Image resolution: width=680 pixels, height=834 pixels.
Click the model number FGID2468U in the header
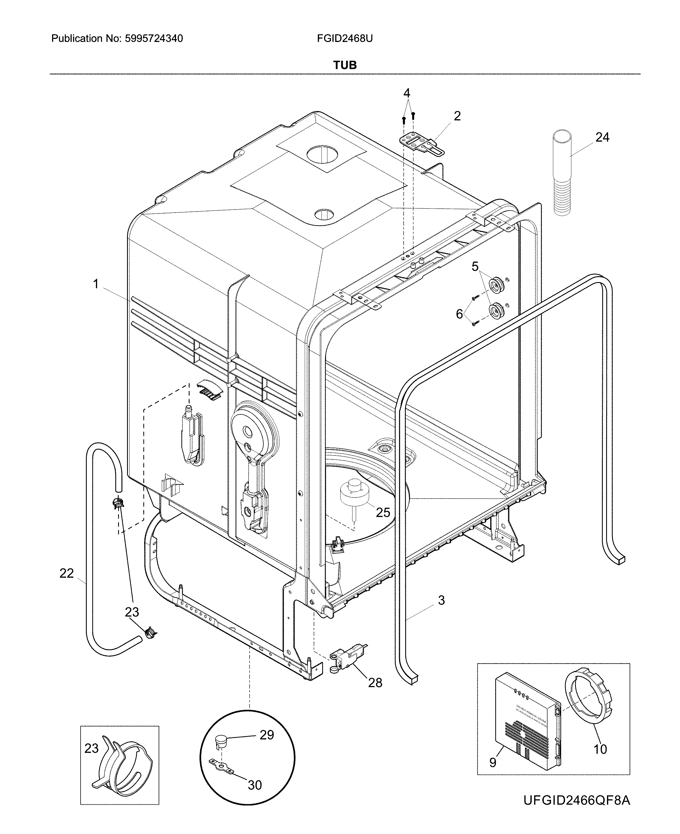[345, 38]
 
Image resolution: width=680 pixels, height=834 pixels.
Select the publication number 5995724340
[154, 38]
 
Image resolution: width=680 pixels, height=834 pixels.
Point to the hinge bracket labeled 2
[421, 145]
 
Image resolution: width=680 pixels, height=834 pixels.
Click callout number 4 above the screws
[407, 93]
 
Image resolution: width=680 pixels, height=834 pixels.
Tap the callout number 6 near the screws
[459, 314]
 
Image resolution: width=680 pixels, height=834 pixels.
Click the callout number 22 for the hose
[67, 573]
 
